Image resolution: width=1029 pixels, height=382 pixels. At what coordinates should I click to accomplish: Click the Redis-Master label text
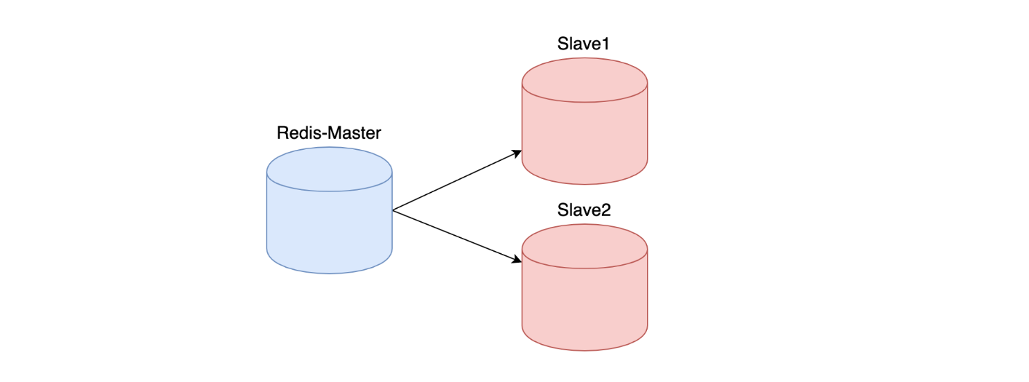(x=329, y=134)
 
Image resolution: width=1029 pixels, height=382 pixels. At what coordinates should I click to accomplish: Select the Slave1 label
(x=583, y=44)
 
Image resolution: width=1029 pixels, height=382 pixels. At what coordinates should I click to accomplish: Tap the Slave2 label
(x=584, y=211)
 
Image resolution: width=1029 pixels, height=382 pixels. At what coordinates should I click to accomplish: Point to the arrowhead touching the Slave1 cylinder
(x=517, y=153)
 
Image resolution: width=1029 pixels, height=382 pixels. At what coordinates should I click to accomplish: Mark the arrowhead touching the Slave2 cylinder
(x=517, y=258)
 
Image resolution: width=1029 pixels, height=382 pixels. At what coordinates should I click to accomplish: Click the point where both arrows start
(x=393, y=210)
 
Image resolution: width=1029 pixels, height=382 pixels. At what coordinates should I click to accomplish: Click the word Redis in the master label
(x=296, y=134)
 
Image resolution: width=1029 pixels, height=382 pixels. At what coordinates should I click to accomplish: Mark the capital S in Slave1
(x=563, y=44)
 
